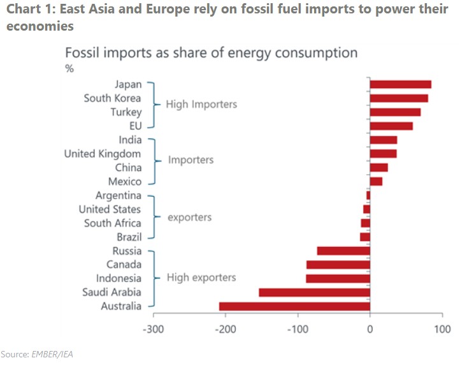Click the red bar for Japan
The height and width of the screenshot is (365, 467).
point(400,84)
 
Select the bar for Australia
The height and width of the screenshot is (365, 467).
point(294,306)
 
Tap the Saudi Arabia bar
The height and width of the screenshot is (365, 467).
point(314,292)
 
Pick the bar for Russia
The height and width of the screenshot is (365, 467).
point(343,251)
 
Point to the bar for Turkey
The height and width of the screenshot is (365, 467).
point(395,112)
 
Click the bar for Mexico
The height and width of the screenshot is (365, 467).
point(376,182)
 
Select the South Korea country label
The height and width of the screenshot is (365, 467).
point(112,98)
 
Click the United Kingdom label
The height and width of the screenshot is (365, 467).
point(103,154)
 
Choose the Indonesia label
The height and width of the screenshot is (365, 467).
point(119,278)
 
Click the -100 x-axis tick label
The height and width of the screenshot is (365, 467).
point(297,329)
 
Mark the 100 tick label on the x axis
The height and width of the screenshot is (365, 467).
point(442,329)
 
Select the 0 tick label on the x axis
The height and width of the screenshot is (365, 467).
point(370,329)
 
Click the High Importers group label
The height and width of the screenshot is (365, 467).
point(201,105)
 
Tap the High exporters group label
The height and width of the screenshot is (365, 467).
point(201,278)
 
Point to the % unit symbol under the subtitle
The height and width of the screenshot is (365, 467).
point(69,69)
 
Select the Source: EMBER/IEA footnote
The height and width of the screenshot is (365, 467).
point(36,354)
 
